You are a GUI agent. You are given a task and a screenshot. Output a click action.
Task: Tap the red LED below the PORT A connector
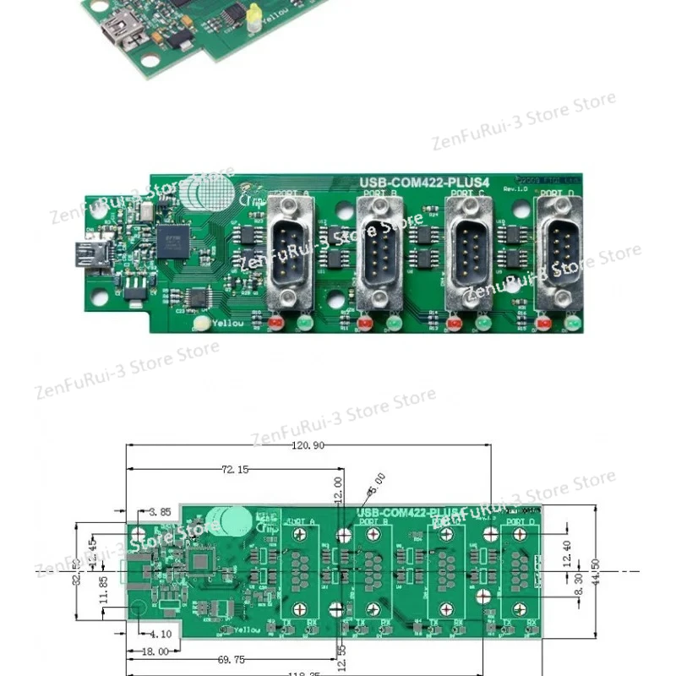[x=275, y=322]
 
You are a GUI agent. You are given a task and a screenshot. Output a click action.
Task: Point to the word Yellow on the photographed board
[x=227, y=323]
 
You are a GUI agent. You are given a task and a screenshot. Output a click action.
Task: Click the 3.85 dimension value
[x=160, y=512]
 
